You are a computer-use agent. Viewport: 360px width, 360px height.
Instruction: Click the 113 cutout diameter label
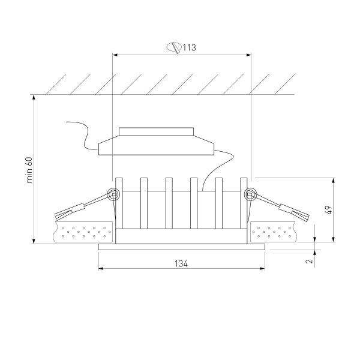coord(190,47)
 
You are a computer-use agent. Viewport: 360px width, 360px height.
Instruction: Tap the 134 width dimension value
coord(181,264)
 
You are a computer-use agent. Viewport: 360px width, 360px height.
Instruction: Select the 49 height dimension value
coord(329,210)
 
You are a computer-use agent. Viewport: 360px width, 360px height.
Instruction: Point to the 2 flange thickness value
coord(310,261)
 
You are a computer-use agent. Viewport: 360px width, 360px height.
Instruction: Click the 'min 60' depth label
coord(29,170)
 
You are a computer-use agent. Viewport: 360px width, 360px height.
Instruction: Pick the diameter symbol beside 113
coord(174,47)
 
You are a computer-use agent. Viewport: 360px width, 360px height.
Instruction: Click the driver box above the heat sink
coord(156,141)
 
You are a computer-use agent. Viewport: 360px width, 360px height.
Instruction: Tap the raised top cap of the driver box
coord(156,131)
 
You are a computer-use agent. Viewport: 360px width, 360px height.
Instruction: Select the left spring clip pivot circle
coord(113,194)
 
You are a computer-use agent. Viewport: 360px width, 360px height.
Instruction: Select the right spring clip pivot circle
coord(250,194)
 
